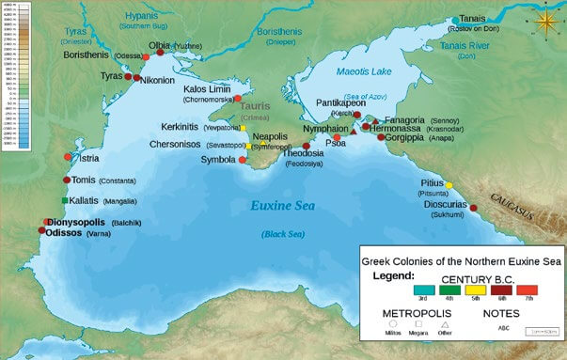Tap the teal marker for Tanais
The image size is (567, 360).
click(x=455, y=20)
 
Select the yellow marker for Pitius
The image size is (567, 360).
click(x=449, y=185)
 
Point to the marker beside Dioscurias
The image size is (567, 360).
click(x=473, y=208)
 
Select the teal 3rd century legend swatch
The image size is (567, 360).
click(x=403, y=293)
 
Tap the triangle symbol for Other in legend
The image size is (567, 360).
click(x=445, y=324)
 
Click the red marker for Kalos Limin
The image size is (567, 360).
click(x=238, y=98)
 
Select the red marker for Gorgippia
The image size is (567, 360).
click(x=380, y=138)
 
